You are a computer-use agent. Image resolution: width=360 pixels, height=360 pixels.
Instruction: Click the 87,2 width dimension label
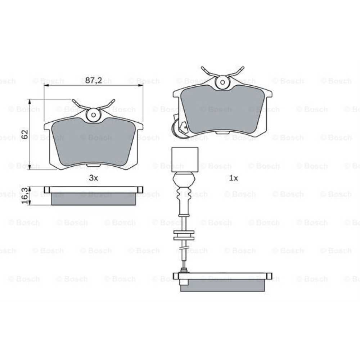(93, 80)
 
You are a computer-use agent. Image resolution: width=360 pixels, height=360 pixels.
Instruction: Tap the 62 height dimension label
(25, 135)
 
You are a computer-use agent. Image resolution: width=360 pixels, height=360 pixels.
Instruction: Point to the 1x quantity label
(234, 177)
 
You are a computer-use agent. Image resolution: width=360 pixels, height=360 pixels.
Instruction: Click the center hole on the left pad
(94, 115)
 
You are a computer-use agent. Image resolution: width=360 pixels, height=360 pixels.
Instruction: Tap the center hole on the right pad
(223, 82)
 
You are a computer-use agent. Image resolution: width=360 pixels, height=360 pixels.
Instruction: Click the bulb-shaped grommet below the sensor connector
(185, 179)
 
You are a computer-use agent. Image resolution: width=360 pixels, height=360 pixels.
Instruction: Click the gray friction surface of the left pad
(94, 142)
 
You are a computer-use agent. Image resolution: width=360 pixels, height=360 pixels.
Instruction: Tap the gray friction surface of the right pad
(223, 110)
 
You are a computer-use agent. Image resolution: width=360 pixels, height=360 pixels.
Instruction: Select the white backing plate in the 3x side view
(94, 190)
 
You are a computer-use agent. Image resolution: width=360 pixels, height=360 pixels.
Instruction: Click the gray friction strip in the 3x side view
(94, 199)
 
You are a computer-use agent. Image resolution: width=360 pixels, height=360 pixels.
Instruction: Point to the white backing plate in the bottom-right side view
(223, 276)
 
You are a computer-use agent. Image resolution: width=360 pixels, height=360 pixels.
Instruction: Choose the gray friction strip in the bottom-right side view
(223, 285)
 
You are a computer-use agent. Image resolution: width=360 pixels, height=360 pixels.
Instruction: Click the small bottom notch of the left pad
(94, 165)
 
